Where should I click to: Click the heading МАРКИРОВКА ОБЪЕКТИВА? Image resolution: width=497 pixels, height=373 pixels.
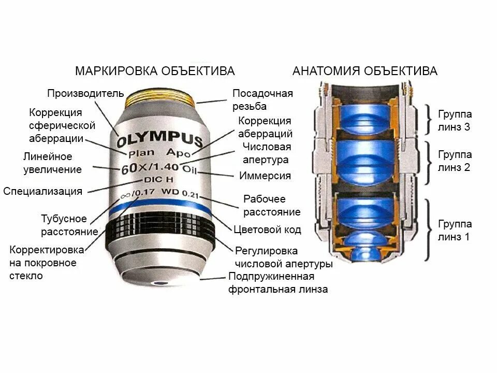pos(155,71)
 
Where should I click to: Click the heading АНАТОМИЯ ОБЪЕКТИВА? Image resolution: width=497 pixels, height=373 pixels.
pos(365,71)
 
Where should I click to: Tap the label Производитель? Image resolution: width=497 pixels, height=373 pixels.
pos(85,93)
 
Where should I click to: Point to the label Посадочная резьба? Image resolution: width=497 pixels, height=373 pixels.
pos(262,100)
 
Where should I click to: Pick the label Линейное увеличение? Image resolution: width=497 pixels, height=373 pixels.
pos(52,163)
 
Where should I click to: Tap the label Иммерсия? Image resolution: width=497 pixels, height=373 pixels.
pos(265,176)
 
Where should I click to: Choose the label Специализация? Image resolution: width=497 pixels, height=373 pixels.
pos(43,191)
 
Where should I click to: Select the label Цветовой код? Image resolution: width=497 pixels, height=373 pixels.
pos(267,229)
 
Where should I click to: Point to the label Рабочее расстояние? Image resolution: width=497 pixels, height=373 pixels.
pos(272,206)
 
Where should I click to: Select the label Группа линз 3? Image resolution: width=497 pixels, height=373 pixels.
pos(455,121)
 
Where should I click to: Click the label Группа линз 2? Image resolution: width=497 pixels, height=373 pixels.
pos(455,161)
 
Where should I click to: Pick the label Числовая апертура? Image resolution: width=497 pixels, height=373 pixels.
pos(266,153)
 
